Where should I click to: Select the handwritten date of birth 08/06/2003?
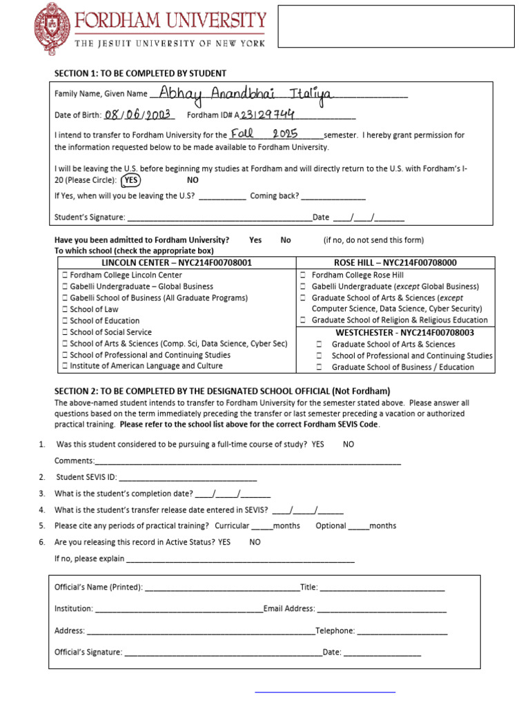[x=140, y=115]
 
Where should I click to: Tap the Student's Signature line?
[x=219, y=218]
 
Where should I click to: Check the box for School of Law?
[x=65, y=309]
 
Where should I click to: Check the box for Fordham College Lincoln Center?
[x=65, y=275]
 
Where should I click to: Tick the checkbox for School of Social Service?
[x=65, y=332]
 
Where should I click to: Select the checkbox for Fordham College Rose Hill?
[x=303, y=275]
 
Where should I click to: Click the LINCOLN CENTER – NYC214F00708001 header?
[x=177, y=262]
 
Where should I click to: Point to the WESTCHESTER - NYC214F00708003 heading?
[x=395, y=332]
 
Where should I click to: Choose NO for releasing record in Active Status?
[x=255, y=542]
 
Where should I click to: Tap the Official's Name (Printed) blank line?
[x=222, y=588]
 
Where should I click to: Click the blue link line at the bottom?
[x=325, y=690]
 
